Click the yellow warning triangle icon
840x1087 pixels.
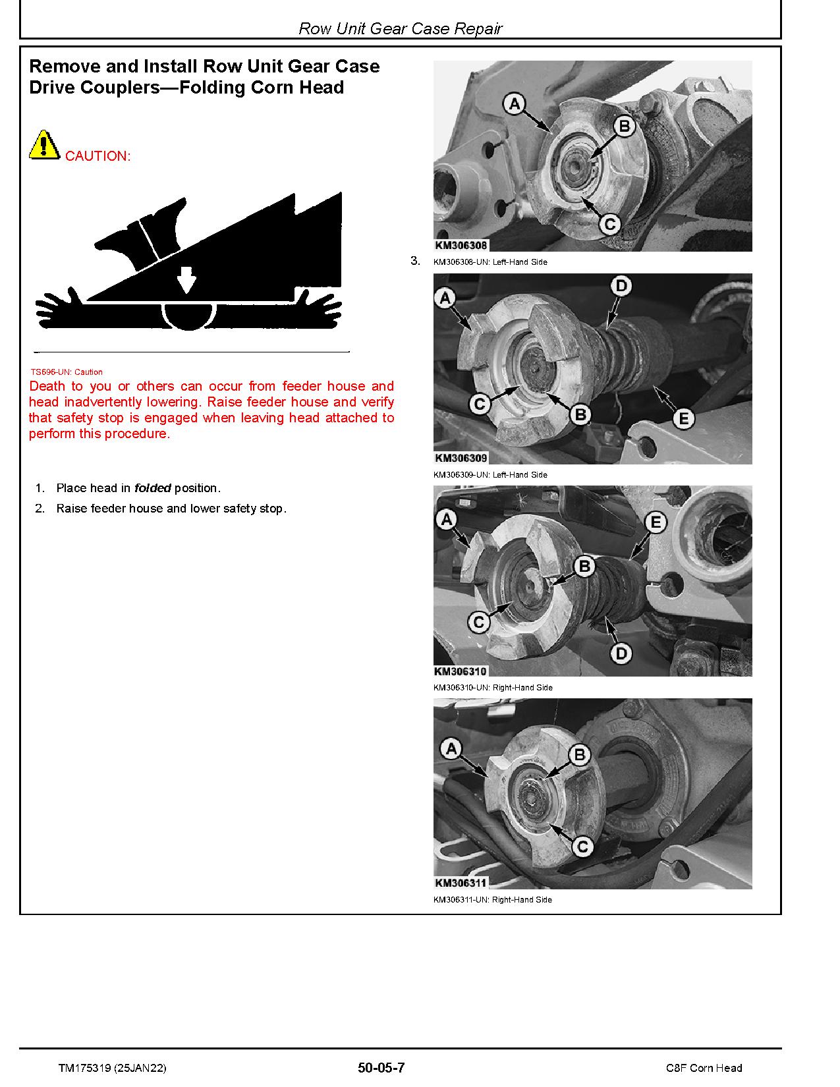[43, 146]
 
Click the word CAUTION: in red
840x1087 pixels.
[98, 156]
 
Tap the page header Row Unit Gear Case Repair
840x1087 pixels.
[400, 28]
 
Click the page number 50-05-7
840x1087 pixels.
[381, 1068]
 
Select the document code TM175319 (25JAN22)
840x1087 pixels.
[112, 1068]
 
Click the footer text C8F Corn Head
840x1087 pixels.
[704, 1068]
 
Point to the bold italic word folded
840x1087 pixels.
[152, 488]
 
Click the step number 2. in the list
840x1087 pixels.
[40, 509]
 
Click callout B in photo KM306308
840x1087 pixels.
[624, 126]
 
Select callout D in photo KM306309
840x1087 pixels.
[621, 286]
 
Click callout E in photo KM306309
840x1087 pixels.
[683, 418]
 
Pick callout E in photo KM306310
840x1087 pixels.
[656, 523]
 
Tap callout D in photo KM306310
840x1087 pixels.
[621, 654]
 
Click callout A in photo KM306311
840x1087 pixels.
[451, 749]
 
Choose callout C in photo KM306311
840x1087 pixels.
[582, 847]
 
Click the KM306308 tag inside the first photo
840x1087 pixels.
[461, 245]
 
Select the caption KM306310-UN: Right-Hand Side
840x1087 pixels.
[492, 687]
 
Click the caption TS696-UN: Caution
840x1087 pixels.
[67, 372]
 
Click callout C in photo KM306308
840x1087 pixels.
[610, 225]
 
